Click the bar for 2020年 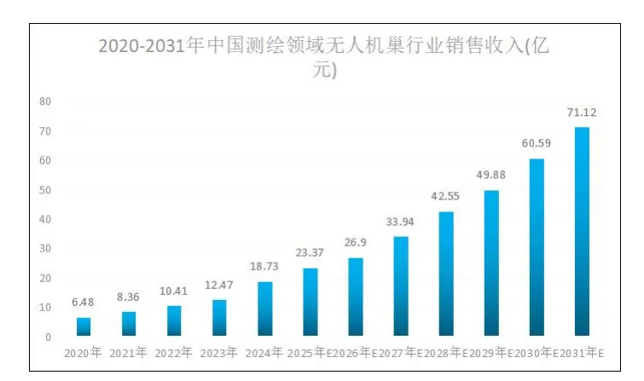[x=84, y=327]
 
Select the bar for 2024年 [x=264, y=309]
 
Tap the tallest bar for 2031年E [x=582, y=232]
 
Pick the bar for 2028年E [x=446, y=274]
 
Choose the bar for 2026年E [x=356, y=297]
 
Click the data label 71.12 [x=582, y=113]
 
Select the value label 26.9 [x=356, y=244]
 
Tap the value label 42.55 [x=446, y=197]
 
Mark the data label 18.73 [x=264, y=268]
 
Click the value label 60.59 [x=537, y=144]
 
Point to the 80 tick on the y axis [x=46, y=101]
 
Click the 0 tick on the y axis [x=49, y=338]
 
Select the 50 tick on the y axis [x=46, y=190]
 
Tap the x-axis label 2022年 [x=174, y=352]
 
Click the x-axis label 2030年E [x=537, y=352]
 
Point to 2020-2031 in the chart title [x=142, y=47]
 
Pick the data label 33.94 [x=401, y=222]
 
